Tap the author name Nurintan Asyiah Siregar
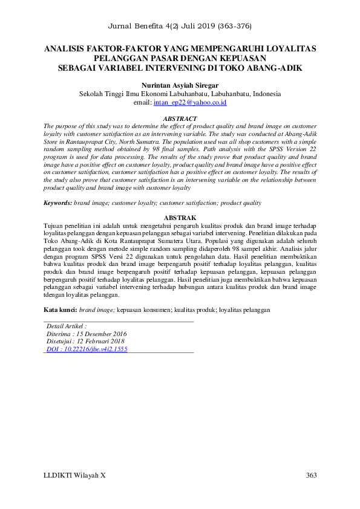click(x=180, y=86)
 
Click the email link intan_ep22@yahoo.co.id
click(x=190, y=103)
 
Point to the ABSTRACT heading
click(x=180, y=118)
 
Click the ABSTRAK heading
click(x=180, y=217)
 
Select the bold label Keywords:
click(x=58, y=203)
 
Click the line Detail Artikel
click(x=67, y=325)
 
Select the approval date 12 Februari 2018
click(x=99, y=341)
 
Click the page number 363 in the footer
click(x=311, y=475)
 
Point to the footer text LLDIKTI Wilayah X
click(x=75, y=475)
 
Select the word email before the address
click(x=142, y=103)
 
